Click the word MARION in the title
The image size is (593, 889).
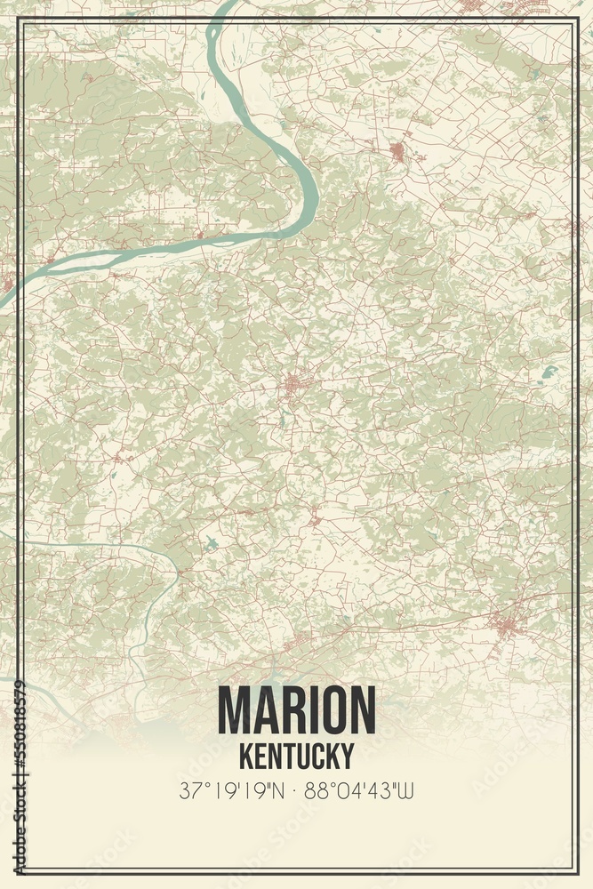coord(296,711)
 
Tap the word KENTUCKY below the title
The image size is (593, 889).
coord(296,756)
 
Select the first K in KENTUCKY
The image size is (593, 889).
coord(246,756)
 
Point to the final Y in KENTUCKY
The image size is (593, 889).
coord(346,756)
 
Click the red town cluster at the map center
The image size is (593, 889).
coord(293,386)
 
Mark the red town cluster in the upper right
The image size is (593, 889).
coord(397,151)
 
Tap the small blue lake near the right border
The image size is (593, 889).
coord(549,370)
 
